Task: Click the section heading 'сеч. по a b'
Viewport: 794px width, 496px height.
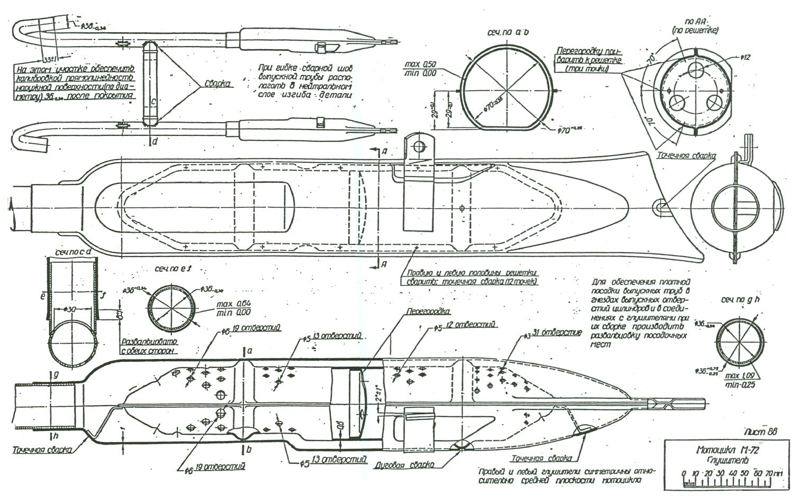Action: [508, 33]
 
